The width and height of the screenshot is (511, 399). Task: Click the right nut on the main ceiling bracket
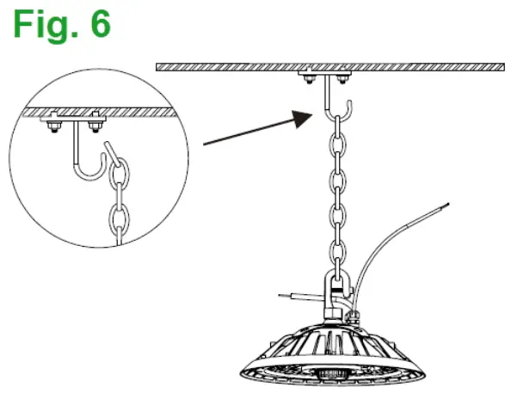[x=342, y=79]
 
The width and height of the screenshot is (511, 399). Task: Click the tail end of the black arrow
[x=205, y=145]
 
